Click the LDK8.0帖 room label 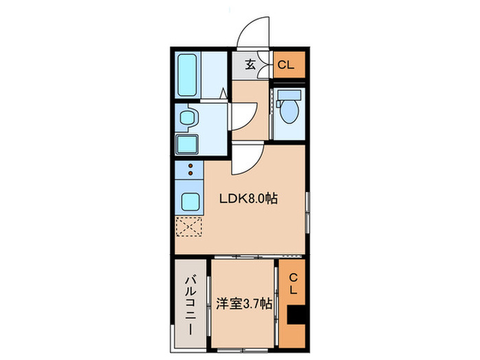[248, 200]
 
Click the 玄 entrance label [250, 65]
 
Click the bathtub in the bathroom [188, 74]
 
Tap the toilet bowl [289, 110]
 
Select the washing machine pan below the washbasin [187, 143]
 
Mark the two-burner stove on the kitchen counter [189, 171]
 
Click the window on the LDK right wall [307, 213]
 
